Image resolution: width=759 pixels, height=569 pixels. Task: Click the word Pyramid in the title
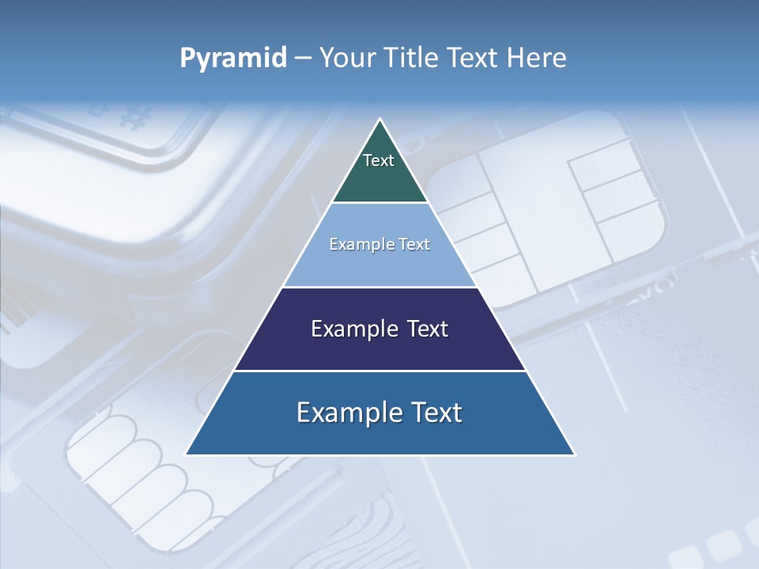coord(233,58)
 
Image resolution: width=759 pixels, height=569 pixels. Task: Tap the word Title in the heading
coord(412,58)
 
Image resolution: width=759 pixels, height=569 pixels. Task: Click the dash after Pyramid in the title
coord(302,58)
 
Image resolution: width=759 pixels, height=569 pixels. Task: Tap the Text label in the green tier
coord(379,160)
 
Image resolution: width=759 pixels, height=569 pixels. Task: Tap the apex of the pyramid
coord(380,120)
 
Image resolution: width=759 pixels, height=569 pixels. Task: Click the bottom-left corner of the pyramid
coord(187,454)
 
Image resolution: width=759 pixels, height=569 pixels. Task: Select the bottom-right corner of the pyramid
coord(574,454)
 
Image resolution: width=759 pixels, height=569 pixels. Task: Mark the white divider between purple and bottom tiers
coord(380,371)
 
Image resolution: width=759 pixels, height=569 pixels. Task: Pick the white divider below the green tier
coord(380,203)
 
